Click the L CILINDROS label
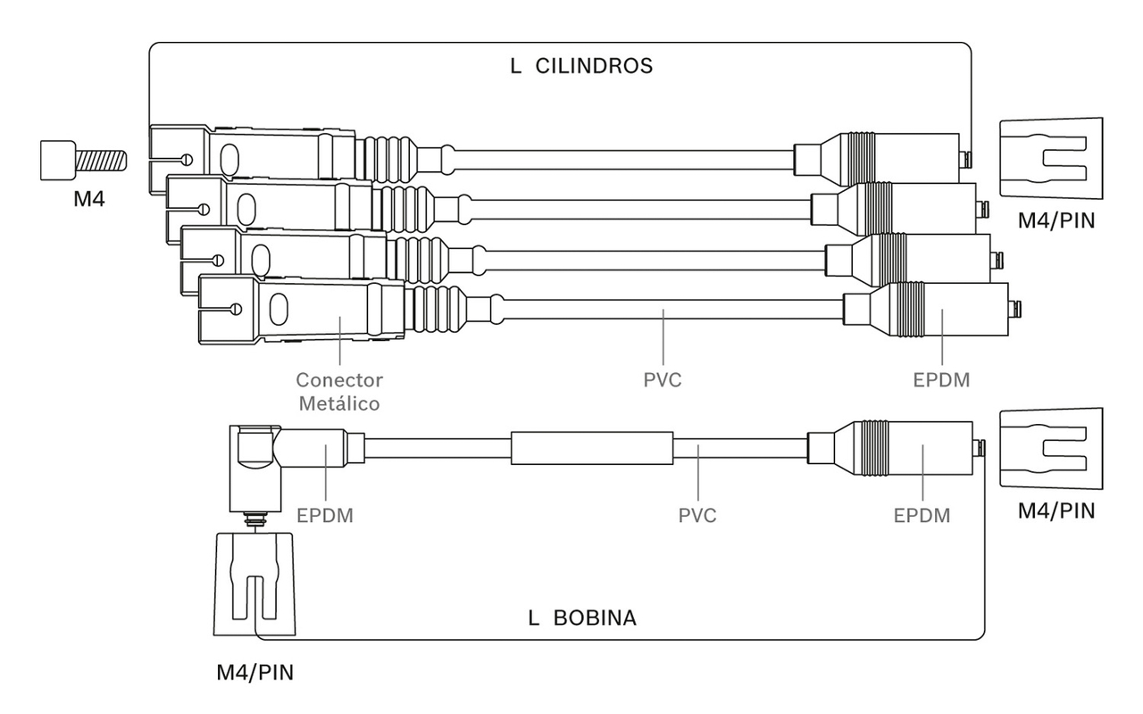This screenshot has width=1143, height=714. pos(581,66)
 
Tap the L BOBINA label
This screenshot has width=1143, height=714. pos(582,618)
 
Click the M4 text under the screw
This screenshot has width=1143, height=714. pos(89,198)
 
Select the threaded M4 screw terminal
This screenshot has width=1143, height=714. pos(83,160)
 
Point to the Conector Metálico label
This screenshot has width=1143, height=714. pos(339,392)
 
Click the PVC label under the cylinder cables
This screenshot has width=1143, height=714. pos(663,380)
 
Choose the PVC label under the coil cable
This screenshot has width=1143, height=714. pos(697,516)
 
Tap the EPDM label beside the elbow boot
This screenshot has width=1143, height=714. pos(325,516)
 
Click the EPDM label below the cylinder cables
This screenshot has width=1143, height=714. pos(941,380)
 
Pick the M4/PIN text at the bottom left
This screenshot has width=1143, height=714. pos(255,673)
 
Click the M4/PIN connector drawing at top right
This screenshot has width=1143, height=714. pos(1051,159)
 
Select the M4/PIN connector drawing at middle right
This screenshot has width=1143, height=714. pos(1051,449)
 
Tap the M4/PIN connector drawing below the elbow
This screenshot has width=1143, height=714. pos(254,584)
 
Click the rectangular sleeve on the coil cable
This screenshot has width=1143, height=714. pos(592,448)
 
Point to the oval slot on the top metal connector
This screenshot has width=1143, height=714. pos(229,158)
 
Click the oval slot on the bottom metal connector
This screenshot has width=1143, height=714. pos(278,309)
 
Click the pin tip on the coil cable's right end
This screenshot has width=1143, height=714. pos(980,449)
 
